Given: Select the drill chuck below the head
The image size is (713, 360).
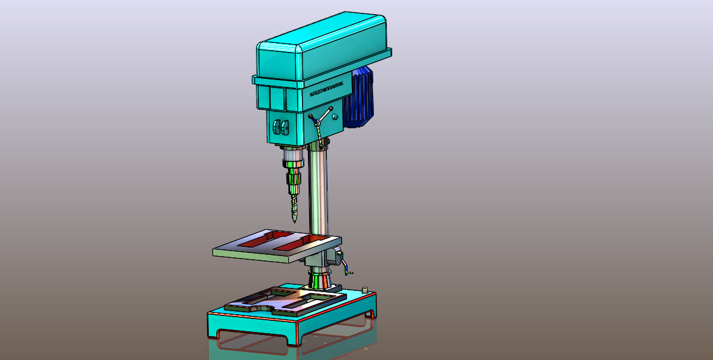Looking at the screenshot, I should [x=294, y=177].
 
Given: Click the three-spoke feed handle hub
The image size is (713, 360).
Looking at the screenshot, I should [x=320, y=122].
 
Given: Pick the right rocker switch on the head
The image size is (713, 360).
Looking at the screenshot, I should [x=285, y=127].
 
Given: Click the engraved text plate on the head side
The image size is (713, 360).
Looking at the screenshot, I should [x=327, y=90].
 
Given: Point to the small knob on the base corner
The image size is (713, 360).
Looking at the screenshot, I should [x=365, y=289].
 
